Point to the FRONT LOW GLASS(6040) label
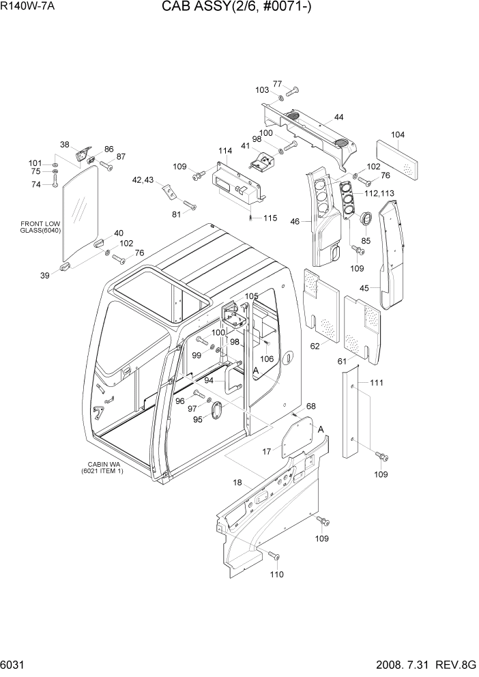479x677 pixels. tap(42, 227)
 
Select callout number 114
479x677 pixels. tap(225, 150)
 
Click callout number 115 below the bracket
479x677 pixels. tap(270, 218)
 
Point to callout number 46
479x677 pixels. tap(295, 221)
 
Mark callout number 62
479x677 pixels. tap(315, 346)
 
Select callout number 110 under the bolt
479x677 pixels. tap(276, 575)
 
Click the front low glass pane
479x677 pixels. tap(80, 212)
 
